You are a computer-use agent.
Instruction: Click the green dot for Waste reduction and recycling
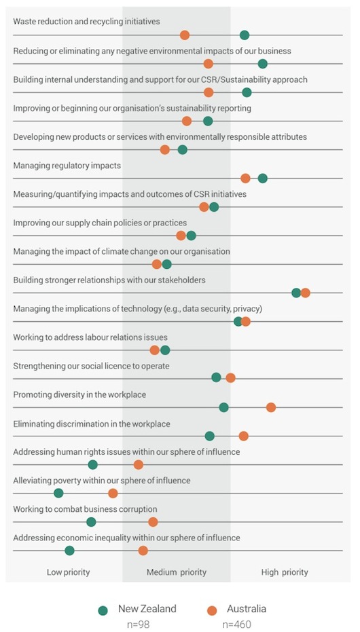244,35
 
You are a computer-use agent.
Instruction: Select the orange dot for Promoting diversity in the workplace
271,407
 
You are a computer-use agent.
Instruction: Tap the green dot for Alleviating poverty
58,493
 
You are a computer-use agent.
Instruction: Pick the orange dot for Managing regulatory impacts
245,178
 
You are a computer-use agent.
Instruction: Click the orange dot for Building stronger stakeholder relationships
305,293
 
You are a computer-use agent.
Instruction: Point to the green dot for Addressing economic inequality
69,550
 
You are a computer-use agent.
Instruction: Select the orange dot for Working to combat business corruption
153,522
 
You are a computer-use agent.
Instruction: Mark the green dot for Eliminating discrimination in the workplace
210,436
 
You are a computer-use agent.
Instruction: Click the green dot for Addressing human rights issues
93,465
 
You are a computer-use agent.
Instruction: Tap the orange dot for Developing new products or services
165,150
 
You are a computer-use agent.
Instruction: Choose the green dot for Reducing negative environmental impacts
263,64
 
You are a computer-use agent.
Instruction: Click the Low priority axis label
68,572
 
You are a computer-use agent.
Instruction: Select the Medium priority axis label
177,572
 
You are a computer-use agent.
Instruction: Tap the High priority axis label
285,572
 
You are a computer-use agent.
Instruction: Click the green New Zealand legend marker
103,610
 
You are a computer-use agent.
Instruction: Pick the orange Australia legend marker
212,610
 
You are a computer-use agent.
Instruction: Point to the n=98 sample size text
139,625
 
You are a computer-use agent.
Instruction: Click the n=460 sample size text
236,625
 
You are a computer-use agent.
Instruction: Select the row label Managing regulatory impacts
67,166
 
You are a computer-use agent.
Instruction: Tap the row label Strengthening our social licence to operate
91,366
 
